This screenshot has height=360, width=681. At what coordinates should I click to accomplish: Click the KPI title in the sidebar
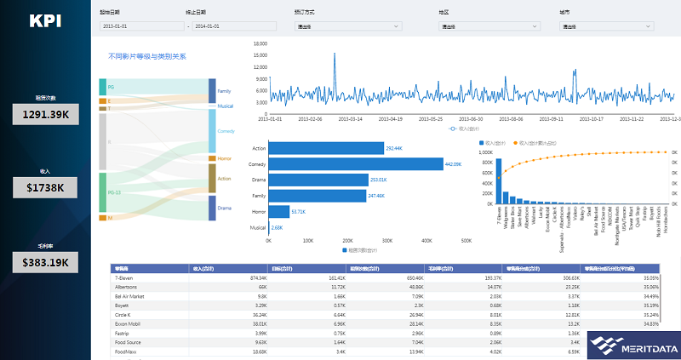[x=44, y=21]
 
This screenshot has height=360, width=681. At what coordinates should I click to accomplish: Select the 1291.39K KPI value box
[x=44, y=113]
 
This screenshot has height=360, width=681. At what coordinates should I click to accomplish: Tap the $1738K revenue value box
[x=44, y=186]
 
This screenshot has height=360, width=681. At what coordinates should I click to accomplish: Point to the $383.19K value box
[x=44, y=261]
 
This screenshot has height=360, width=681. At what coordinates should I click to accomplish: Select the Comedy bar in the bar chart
[x=356, y=163]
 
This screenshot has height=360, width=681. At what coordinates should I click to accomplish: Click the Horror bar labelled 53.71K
[x=278, y=211]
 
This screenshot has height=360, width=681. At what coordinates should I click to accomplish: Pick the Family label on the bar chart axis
[x=260, y=196]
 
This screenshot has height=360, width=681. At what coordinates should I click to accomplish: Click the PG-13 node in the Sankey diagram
[x=102, y=193]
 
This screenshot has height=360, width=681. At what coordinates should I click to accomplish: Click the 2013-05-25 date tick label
[x=431, y=119]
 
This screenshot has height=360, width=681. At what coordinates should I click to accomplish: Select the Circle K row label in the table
[x=124, y=314]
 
